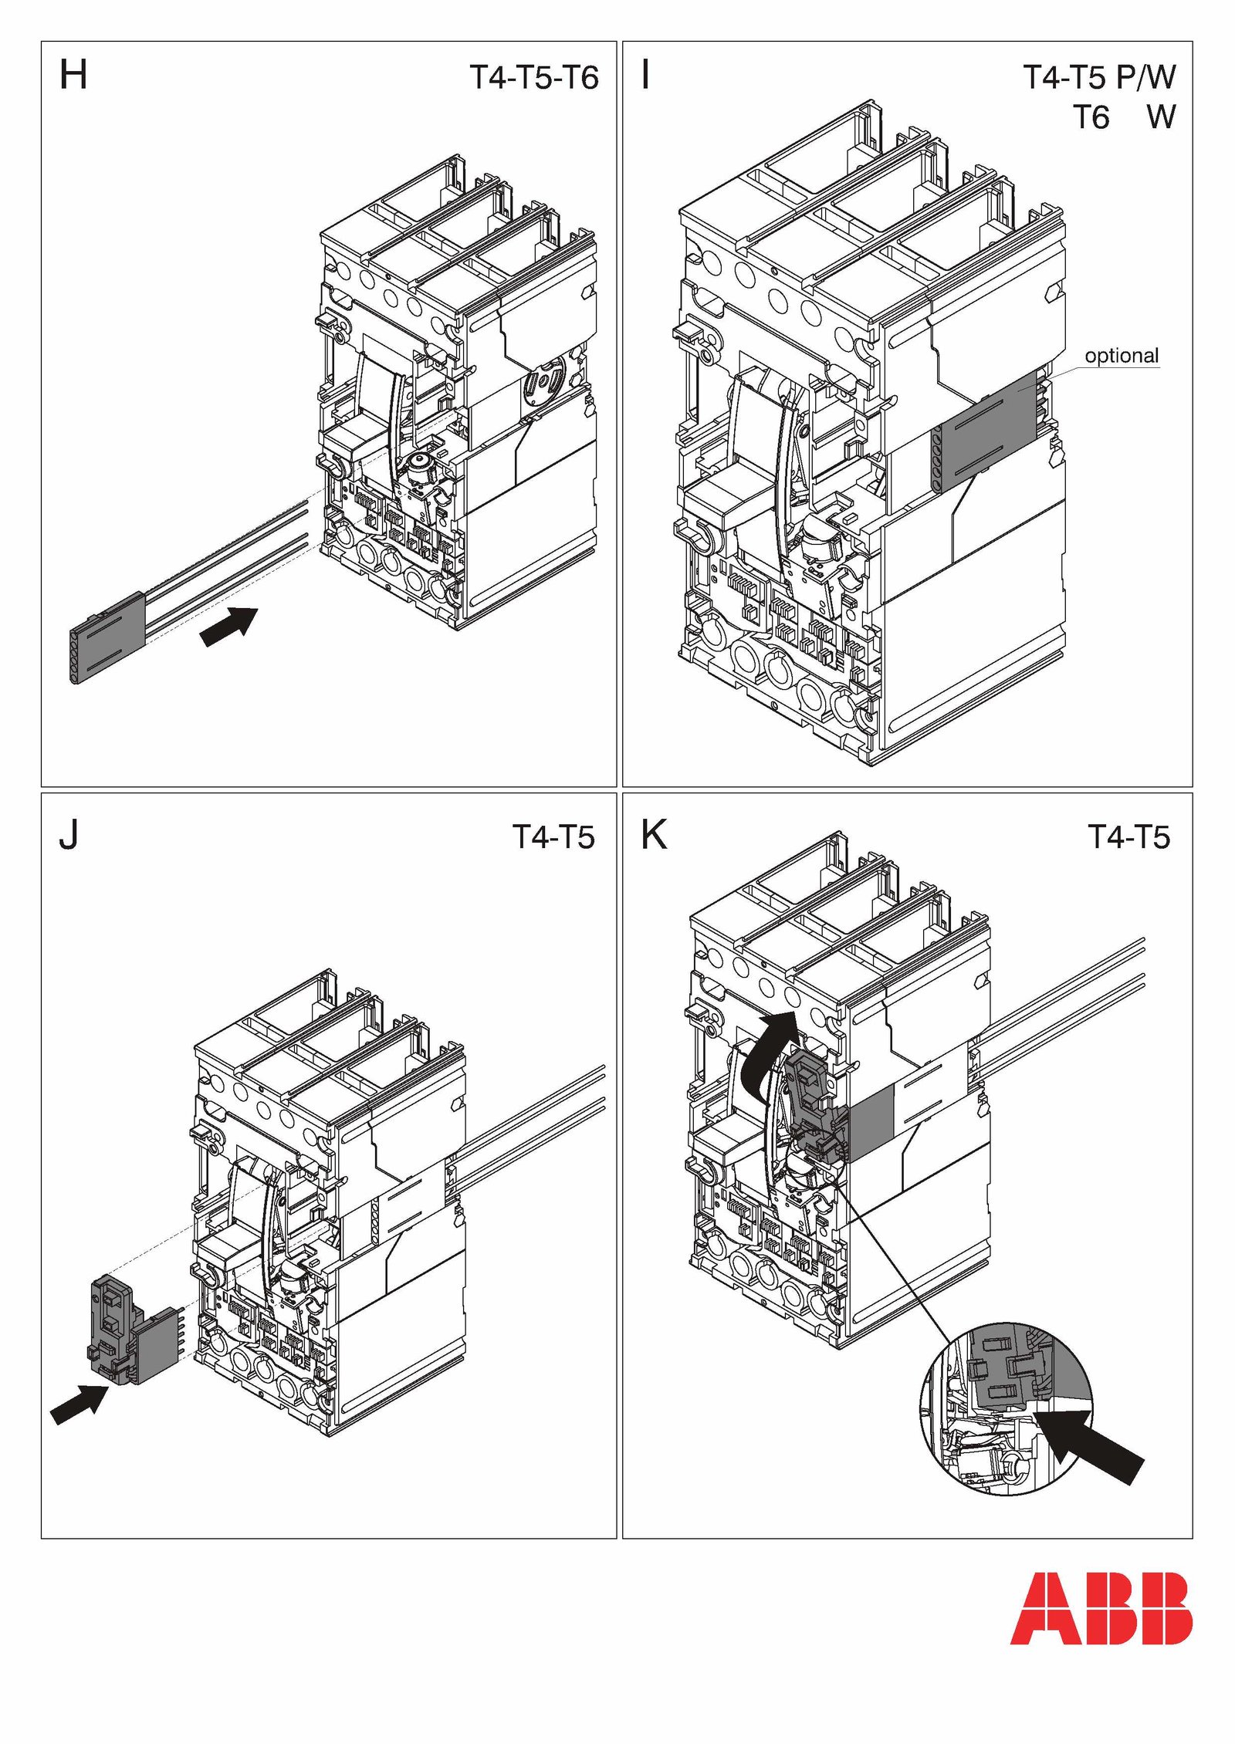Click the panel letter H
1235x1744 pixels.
73,76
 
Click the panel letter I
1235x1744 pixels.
645,76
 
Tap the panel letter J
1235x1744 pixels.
69,835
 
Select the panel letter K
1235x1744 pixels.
654,835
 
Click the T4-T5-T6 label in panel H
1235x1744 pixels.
534,78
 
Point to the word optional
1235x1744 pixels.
1122,356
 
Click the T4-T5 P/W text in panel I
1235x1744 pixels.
1099,77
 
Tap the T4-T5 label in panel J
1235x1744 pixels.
553,837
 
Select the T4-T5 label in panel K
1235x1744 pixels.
1128,837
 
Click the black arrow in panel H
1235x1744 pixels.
228,626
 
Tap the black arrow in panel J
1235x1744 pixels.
79,1404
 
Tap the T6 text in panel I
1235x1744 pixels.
1091,118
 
